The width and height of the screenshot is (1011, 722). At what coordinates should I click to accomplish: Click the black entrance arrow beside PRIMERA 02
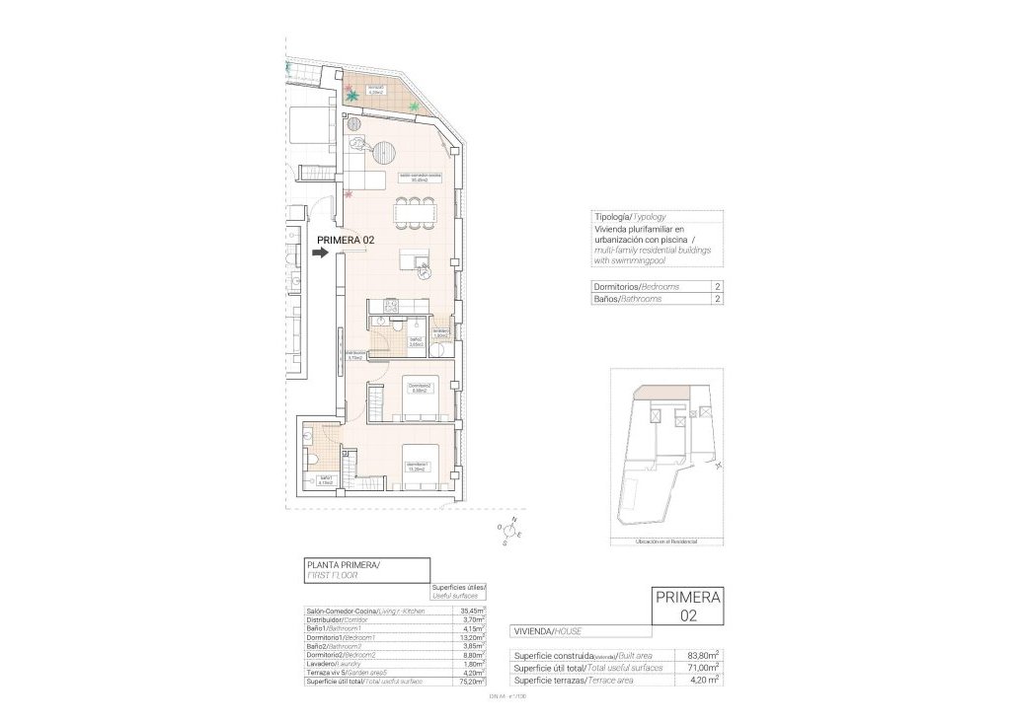click(319, 253)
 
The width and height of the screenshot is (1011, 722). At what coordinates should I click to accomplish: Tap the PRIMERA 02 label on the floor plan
click(345, 239)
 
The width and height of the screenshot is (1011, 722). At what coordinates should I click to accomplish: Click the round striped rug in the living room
click(382, 152)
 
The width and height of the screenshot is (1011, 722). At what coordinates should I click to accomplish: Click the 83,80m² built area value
click(702, 654)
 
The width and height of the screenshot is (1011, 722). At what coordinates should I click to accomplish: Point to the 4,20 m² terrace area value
click(702, 680)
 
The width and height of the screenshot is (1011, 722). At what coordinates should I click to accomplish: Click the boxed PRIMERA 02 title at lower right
click(688, 606)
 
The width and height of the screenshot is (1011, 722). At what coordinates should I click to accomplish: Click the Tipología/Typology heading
click(629, 216)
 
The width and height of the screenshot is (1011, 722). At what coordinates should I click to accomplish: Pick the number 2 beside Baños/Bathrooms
click(716, 298)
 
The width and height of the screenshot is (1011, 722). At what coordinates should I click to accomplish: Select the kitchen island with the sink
click(415, 260)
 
